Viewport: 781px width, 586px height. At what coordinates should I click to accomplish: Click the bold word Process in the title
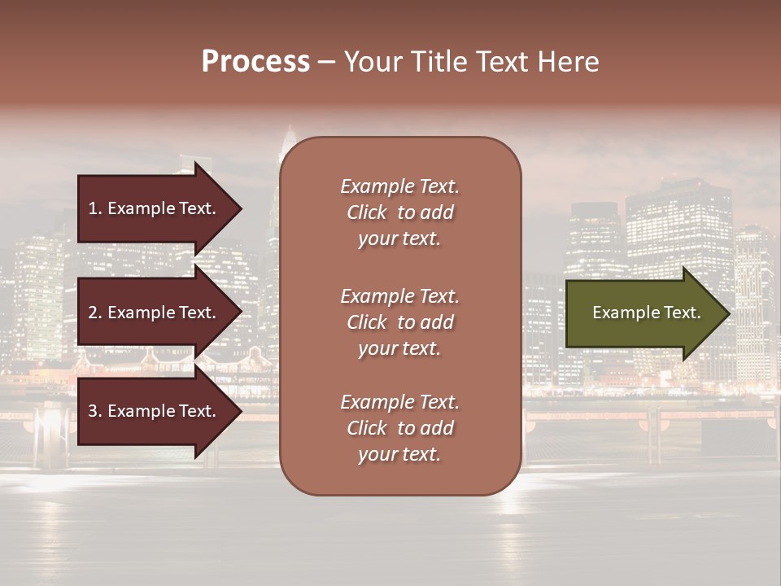(255, 62)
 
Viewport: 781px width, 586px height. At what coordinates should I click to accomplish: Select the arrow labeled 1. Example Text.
(155, 208)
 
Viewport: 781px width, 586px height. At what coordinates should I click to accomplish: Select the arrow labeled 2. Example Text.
(155, 313)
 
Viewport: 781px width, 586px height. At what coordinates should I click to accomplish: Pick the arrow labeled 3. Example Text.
(155, 411)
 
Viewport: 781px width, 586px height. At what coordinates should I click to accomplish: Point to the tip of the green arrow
(728, 313)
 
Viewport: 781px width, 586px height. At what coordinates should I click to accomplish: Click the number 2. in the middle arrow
(95, 313)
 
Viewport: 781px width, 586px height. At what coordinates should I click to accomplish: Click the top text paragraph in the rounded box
(399, 212)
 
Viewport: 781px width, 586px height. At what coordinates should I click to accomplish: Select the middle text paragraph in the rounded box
(399, 322)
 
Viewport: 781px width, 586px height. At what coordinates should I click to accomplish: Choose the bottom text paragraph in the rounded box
(399, 428)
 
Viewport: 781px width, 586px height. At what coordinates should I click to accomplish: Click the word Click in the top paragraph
(367, 212)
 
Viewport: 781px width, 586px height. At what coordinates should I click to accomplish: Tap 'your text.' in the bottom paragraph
(399, 455)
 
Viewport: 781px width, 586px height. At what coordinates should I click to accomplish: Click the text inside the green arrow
(647, 313)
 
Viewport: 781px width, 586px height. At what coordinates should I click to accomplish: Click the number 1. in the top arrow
(95, 208)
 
